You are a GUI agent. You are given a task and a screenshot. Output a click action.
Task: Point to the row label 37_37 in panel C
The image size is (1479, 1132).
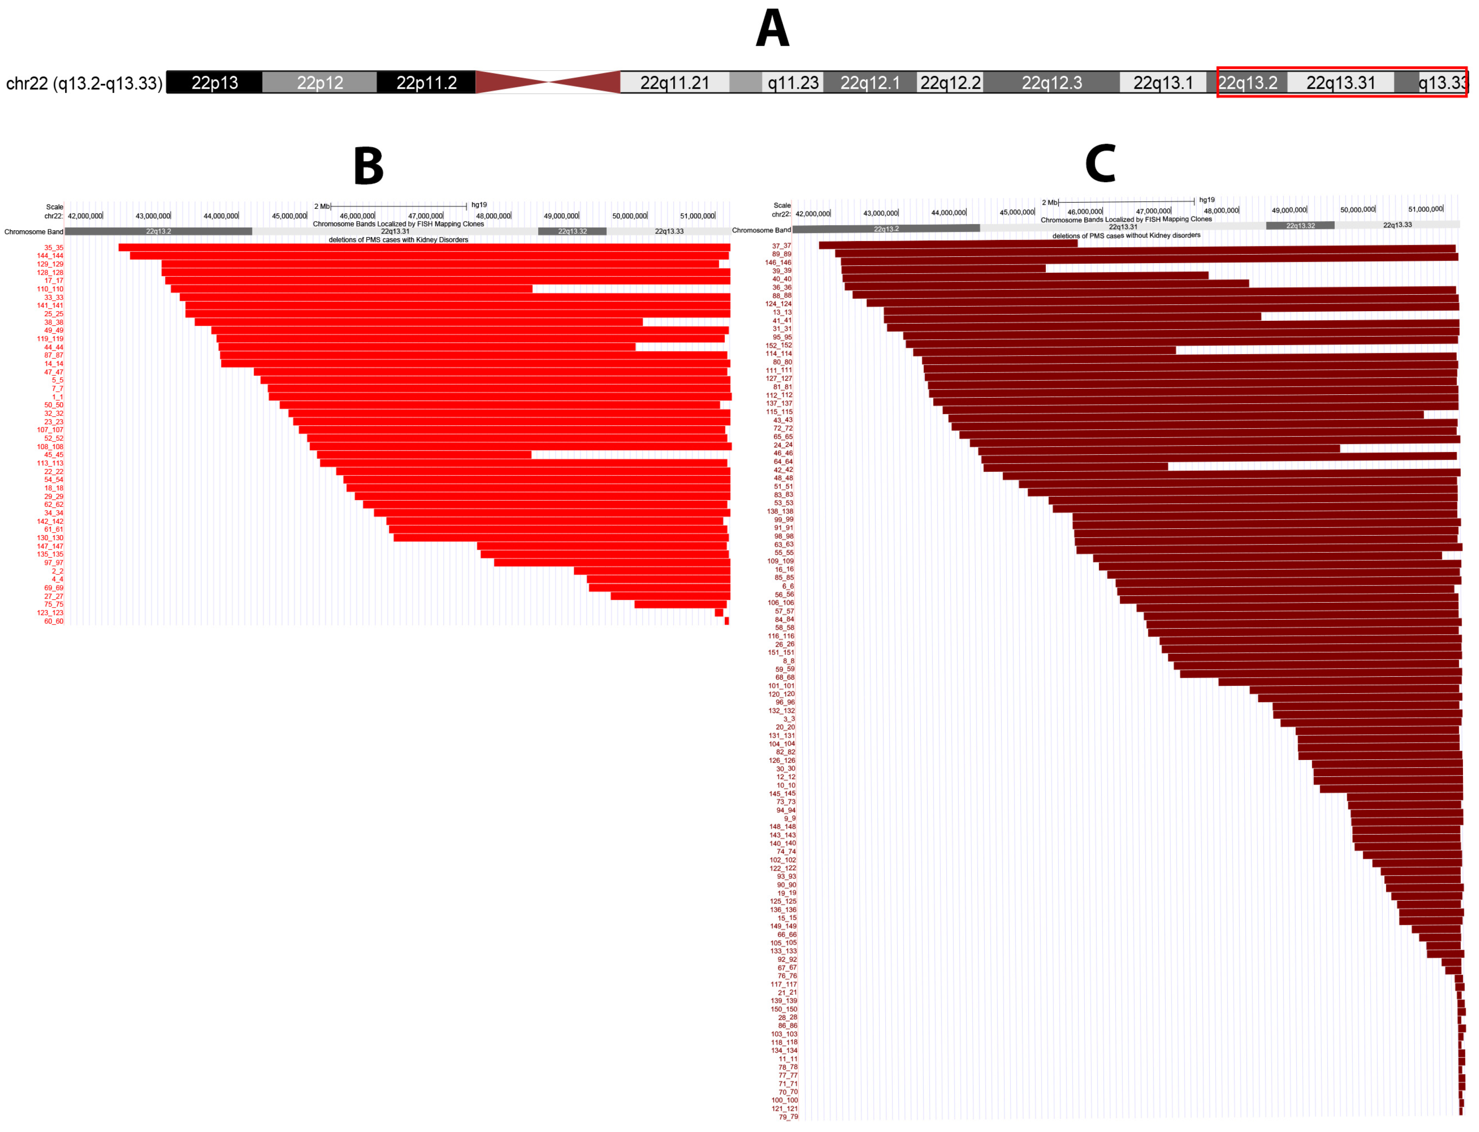pyautogui.click(x=782, y=246)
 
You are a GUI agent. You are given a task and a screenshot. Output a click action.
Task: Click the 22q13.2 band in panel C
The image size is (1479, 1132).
pyautogui.click(x=886, y=229)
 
